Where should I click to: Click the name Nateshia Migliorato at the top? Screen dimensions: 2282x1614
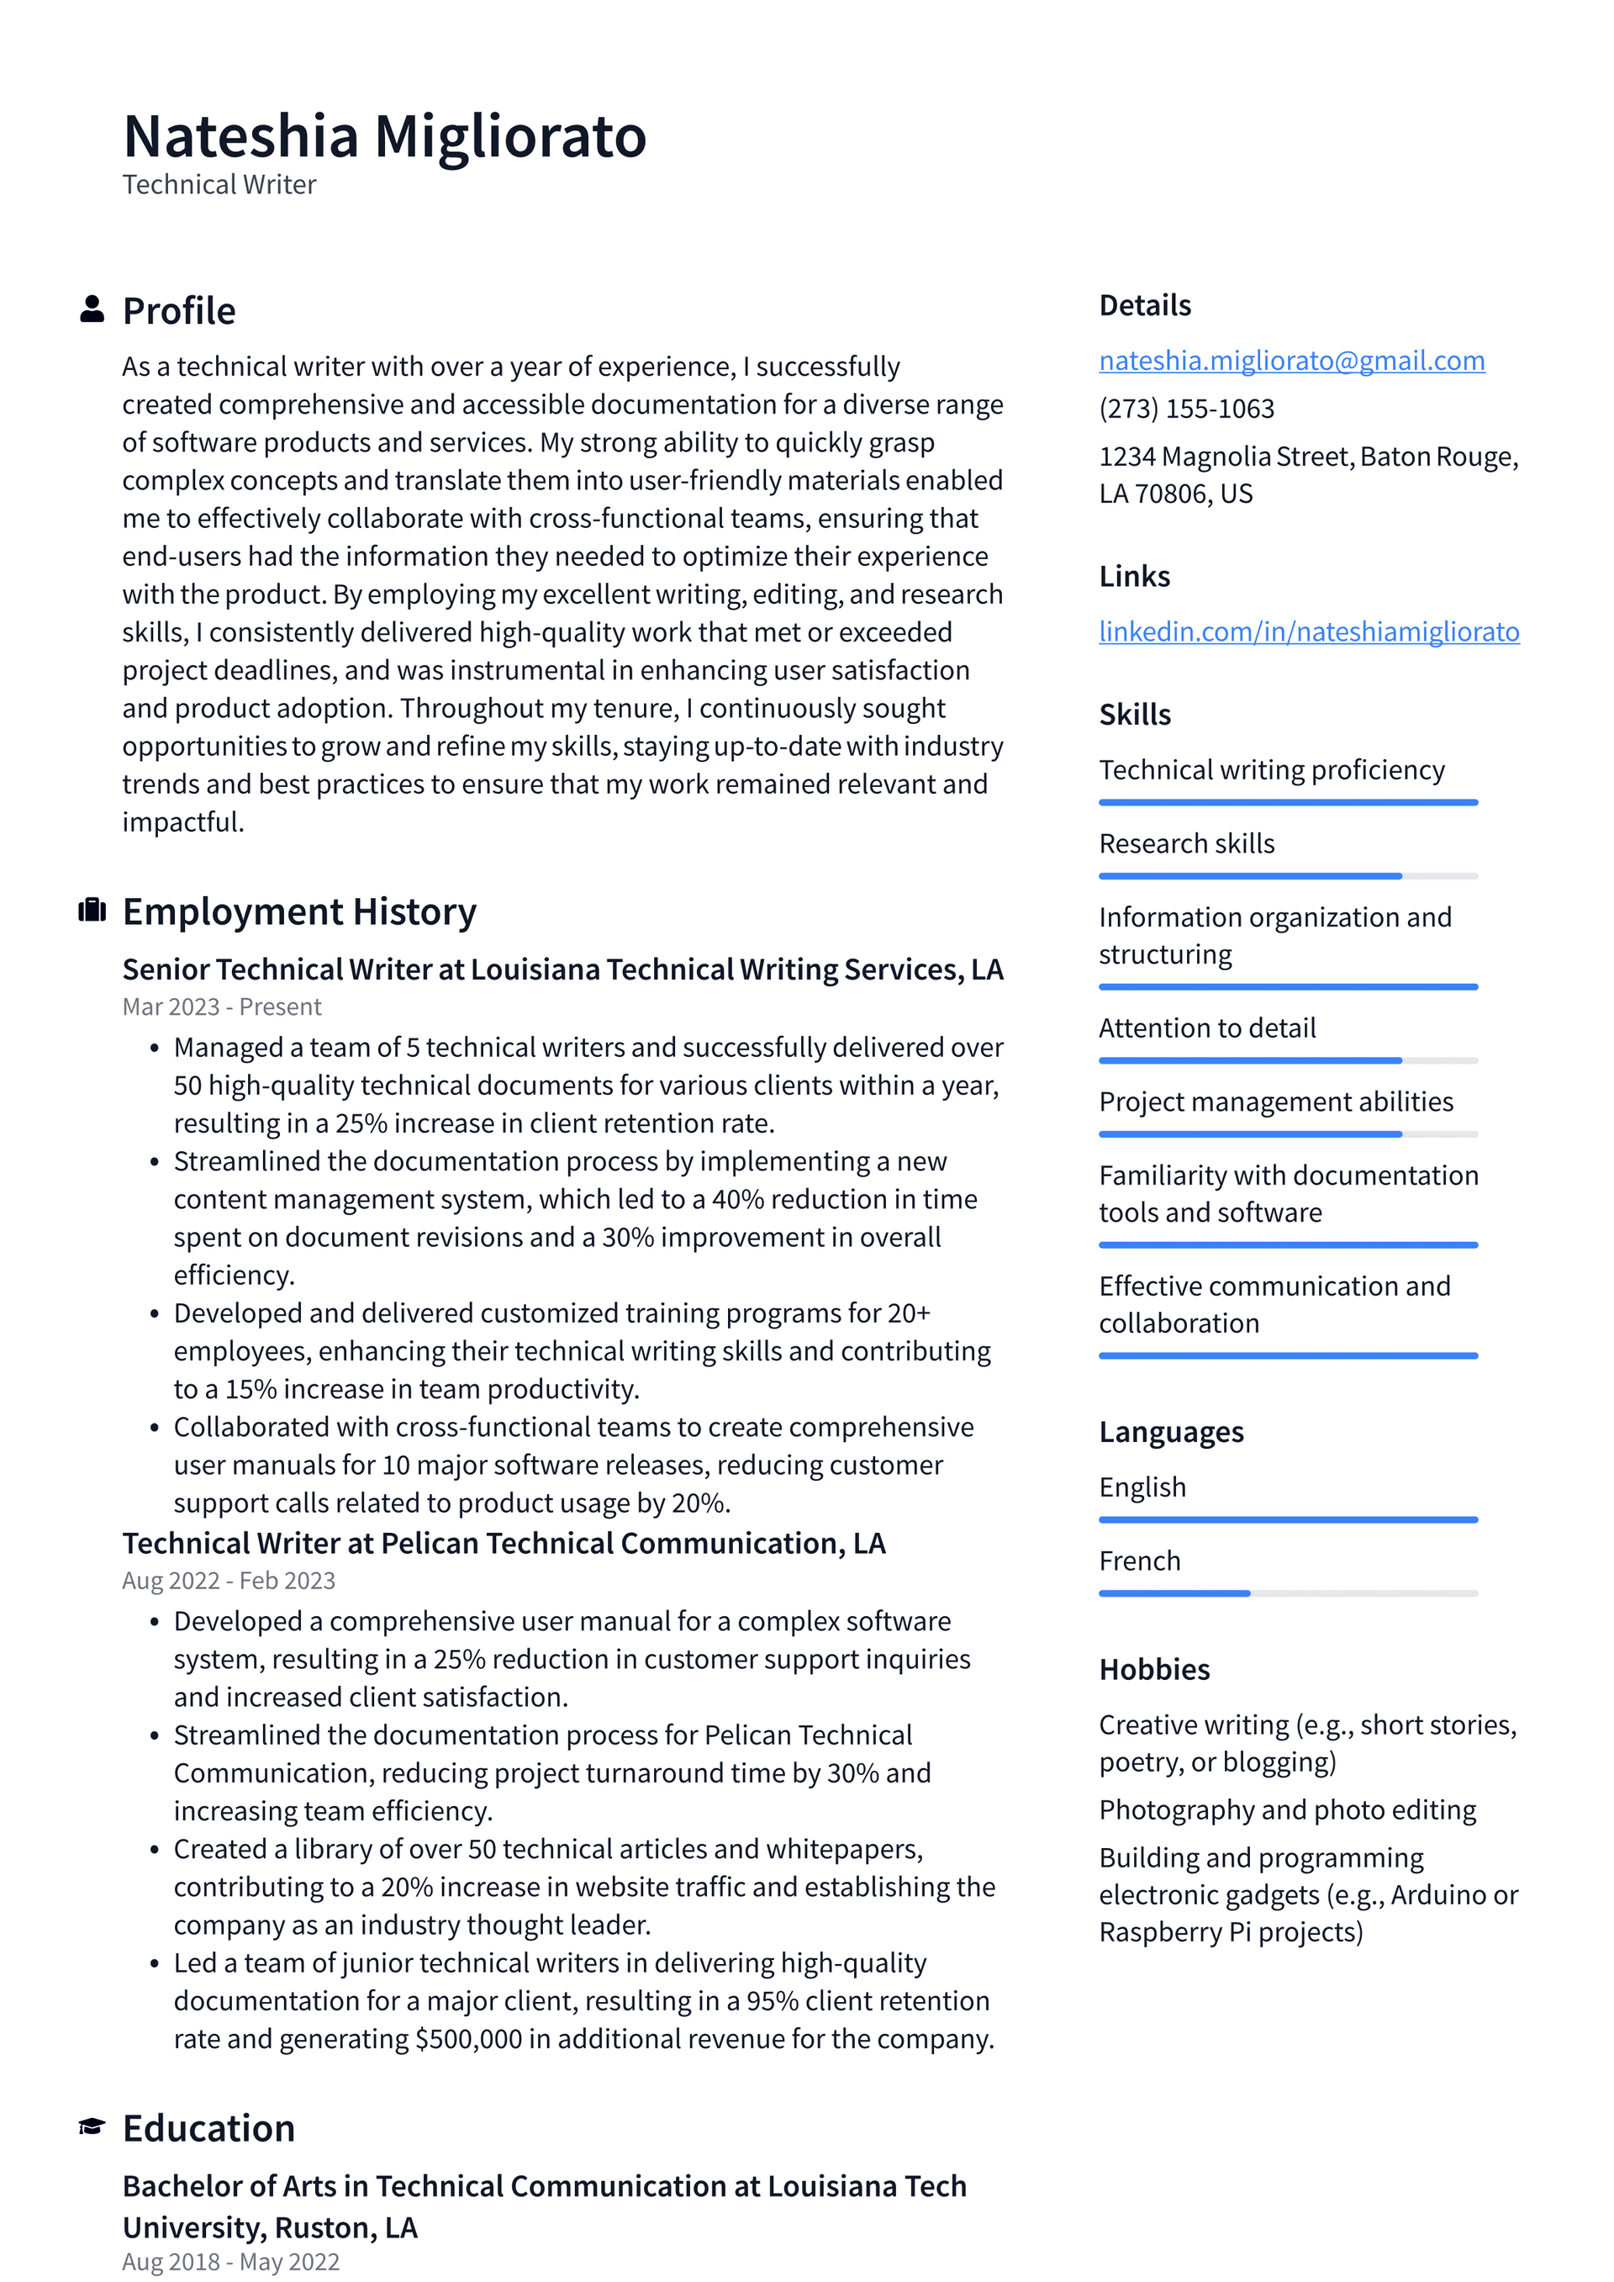coord(385,136)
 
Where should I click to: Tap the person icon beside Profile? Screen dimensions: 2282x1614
coord(92,309)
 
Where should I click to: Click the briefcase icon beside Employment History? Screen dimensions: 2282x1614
coord(92,910)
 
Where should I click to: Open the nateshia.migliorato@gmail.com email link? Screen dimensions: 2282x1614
coord(1291,361)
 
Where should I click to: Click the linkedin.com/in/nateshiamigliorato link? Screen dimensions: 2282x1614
coord(1308,632)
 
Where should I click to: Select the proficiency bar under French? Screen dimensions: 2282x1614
coord(1287,1593)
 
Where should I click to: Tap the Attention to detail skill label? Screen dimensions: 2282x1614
coord(1206,1027)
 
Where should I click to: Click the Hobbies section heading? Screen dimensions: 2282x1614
coord(1154,1670)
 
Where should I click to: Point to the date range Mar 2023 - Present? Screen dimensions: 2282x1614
coord(222,1006)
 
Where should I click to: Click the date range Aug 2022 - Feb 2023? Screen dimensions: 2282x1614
coord(229,1580)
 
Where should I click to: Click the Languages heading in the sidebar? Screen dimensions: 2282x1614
coord(1171,1432)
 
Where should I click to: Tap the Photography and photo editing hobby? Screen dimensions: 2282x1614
coord(1287,1810)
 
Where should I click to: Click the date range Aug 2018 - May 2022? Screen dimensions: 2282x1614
coord(230,2262)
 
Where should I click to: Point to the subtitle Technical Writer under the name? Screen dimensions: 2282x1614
coord(219,185)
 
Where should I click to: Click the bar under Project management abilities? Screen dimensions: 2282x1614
coord(1287,1134)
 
